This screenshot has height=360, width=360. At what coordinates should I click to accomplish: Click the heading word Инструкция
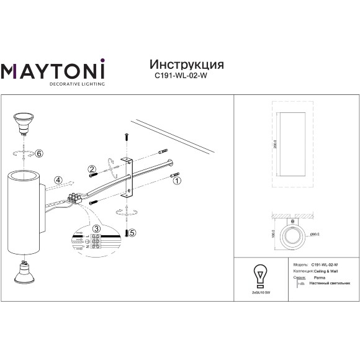(187, 65)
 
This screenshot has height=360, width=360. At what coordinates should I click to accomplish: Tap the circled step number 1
(176, 182)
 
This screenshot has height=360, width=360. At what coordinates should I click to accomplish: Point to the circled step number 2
(91, 168)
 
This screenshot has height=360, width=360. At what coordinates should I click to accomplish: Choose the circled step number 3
(96, 228)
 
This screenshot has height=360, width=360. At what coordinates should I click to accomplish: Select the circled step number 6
(38, 153)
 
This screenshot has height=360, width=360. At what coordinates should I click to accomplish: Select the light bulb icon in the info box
(259, 273)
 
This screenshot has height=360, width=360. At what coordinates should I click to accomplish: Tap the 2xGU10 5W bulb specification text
(259, 291)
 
